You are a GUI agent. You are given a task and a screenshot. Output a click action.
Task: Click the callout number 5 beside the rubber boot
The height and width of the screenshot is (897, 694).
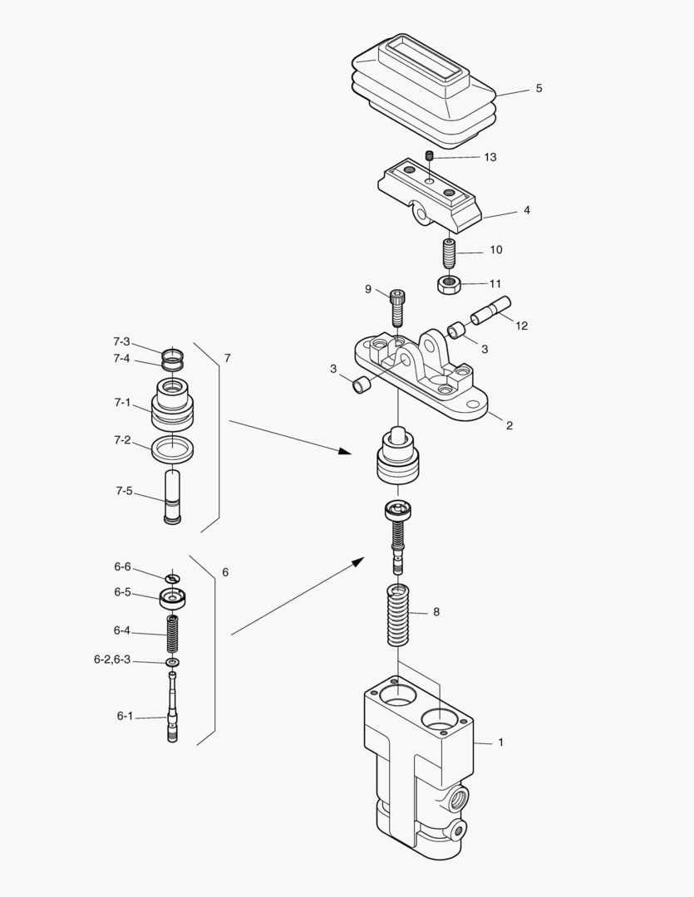point(539,88)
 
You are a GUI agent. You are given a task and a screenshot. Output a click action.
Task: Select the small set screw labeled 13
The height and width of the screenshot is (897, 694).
point(430,155)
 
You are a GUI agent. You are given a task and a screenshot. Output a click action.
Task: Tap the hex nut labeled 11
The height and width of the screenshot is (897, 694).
point(449,285)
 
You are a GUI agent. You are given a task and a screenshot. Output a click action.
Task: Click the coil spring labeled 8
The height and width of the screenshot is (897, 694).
point(401,615)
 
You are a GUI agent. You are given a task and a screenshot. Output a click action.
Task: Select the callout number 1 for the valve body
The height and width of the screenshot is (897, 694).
point(500,742)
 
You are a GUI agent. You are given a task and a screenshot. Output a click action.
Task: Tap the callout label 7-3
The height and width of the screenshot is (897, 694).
point(121,341)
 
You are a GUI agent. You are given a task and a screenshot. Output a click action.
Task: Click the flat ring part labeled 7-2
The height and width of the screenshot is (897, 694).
point(173,449)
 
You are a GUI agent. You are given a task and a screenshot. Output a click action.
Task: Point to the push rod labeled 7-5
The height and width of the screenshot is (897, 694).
point(173,497)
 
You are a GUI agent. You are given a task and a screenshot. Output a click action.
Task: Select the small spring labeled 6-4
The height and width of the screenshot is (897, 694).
point(174,635)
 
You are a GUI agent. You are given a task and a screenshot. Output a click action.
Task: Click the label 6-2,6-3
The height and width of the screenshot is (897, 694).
point(112,659)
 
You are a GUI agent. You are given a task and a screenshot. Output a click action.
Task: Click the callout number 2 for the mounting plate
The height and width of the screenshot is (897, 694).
point(509,425)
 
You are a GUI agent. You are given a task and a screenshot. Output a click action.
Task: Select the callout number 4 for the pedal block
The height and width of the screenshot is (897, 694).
point(526,210)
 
